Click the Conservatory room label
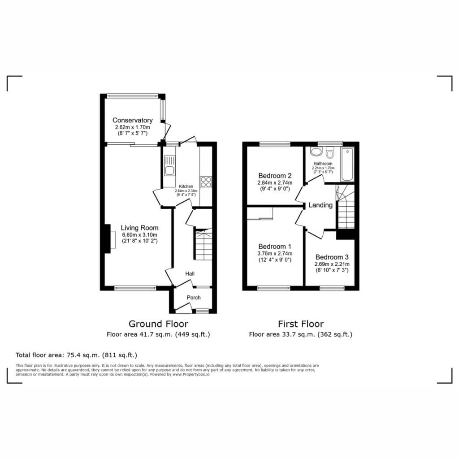pos(133,120)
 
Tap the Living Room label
pos(140,228)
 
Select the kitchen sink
pos(169,166)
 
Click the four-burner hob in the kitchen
pos(206,182)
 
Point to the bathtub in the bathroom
pos(347,165)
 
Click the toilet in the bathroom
pos(330,152)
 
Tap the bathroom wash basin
pos(316,152)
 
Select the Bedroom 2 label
pos(275,176)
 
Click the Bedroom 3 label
pos(332,257)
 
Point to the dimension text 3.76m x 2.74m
pos(275,254)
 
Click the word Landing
pos(320,205)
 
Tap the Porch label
pos(194,298)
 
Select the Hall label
pos(190,274)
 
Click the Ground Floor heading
pos(158,324)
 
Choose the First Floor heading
pos(301,324)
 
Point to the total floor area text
pos(76,355)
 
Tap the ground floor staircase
pos(203,244)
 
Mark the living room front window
pos(135,288)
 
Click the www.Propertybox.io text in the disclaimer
pos(191,374)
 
